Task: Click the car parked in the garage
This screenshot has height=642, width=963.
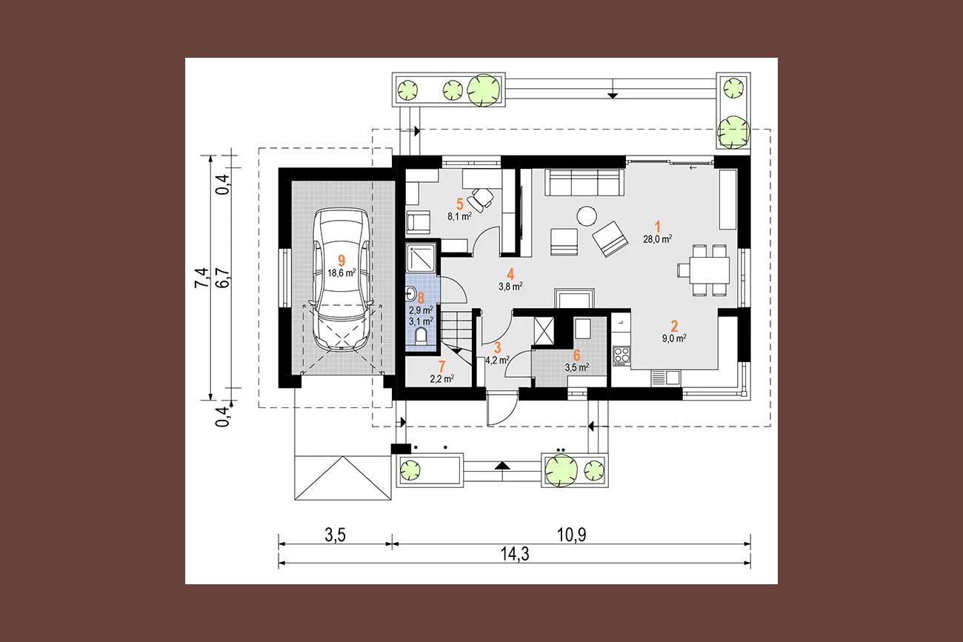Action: tap(341, 279)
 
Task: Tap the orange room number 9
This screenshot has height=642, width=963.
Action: tap(341, 261)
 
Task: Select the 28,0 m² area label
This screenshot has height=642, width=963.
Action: tap(657, 239)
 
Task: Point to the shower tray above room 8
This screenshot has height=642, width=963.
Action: tap(421, 260)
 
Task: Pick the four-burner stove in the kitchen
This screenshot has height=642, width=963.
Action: tap(622, 356)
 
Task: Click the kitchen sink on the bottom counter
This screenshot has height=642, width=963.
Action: tap(665, 378)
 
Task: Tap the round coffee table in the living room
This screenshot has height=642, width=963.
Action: tap(587, 215)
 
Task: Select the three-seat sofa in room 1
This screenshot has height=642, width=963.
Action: tap(584, 183)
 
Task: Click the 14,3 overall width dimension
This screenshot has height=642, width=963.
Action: tap(515, 554)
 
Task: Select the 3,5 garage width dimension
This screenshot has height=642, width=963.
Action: tap(336, 535)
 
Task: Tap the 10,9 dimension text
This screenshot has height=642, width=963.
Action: tap(572, 535)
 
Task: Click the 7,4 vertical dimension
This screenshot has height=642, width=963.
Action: tap(201, 278)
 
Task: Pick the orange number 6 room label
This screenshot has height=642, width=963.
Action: tap(577, 355)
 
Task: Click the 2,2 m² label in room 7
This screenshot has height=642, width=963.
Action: tap(442, 379)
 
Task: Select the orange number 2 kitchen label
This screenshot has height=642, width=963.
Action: tap(674, 326)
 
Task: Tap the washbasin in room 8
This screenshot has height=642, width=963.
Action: tap(410, 295)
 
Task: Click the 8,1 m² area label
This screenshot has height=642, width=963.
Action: tap(459, 216)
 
